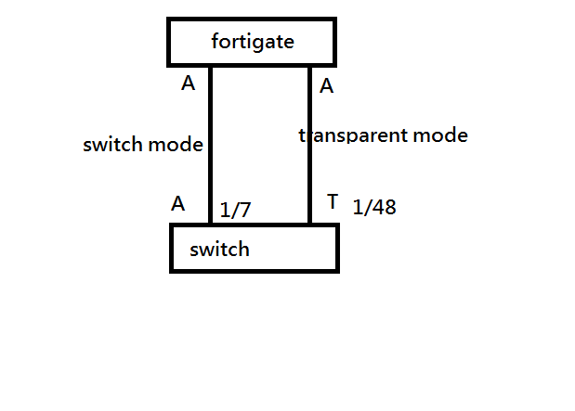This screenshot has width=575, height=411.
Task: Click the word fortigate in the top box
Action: pos(251,42)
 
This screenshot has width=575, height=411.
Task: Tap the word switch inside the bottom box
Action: pos(219,250)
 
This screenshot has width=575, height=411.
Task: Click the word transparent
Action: pos(354,135)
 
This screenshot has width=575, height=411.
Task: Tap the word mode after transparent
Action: pos(440,135)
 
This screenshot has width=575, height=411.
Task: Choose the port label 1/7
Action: pos(235,211)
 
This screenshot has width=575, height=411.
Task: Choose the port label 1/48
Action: pos(374,208)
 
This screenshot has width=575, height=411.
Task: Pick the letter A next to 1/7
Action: pos(178,204)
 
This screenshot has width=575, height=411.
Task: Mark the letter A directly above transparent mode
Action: pos(326,86)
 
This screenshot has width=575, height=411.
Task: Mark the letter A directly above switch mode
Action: pos(188,83)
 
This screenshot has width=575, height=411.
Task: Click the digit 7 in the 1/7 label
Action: pos(244,211)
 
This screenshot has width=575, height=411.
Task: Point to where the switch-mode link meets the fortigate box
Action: pos(212,66)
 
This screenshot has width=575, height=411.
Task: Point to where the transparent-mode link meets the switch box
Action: pos(309,225)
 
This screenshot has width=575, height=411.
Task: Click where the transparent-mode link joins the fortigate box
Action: pos(309,66)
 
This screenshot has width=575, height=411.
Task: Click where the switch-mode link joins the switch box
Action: pos(212,225)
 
